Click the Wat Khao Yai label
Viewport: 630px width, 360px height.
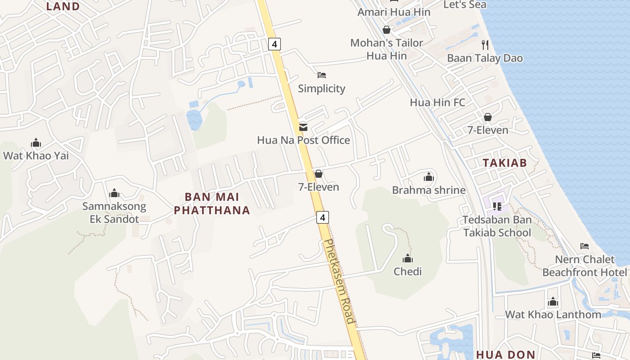36,156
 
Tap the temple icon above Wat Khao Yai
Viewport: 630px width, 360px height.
36,144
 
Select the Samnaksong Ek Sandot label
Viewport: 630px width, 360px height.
114,213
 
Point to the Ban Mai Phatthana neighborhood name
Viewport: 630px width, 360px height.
212,204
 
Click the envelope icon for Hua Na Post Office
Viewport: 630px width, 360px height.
303,127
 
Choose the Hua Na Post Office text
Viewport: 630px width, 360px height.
303,140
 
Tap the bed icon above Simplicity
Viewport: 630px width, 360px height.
321,75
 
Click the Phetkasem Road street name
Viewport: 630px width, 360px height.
340,281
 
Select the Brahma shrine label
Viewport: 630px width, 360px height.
428,190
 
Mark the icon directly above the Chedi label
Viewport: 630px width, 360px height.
408,259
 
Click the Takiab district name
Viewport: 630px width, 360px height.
504,163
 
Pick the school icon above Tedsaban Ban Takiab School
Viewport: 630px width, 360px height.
497,206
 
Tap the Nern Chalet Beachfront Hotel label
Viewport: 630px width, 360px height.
585,266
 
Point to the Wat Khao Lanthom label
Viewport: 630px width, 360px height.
553,315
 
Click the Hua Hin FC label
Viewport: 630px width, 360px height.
437,103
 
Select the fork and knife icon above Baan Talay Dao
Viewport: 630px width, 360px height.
485,45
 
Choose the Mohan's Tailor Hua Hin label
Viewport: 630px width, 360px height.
387,49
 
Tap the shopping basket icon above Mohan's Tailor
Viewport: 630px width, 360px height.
386,30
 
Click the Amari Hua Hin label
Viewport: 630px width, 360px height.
394,12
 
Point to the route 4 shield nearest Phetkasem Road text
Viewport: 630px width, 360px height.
322,217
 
